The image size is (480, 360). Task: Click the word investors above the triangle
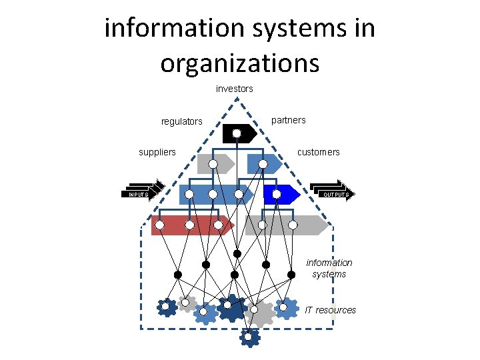point(235,89)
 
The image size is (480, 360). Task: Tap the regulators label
point(181,121)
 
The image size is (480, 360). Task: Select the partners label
point(289,120)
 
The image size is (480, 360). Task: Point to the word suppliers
point(157,152)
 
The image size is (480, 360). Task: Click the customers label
point(318,152)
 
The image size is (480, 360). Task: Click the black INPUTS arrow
point(142,193)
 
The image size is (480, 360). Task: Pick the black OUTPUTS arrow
point(333,193)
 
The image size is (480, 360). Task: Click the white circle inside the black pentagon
point(237,133)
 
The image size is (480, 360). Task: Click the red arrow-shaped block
point(191,225)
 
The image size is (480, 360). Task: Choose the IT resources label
point(330,310)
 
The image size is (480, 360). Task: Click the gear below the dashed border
point(249,337)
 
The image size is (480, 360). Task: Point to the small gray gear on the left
point(187,303)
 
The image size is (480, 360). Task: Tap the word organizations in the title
point(239,63)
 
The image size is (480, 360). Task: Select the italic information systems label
point(329,268)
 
